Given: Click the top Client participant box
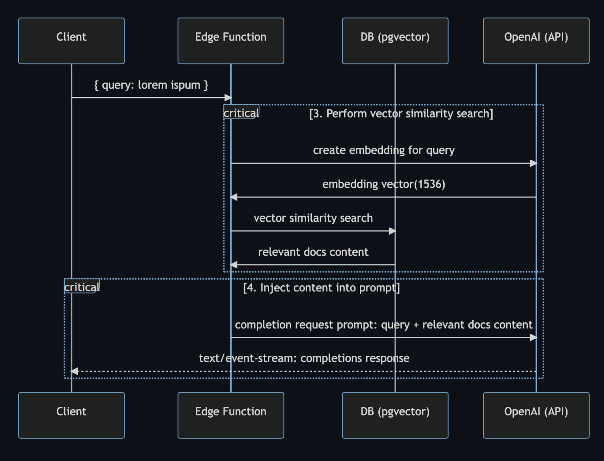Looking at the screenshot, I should pos(71,41).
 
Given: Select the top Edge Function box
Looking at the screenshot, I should pos(231,41).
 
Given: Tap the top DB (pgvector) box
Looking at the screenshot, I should pos(395,41).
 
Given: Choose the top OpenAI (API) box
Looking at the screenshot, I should pos(536,41).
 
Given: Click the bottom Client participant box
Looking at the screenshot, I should pos(71,415).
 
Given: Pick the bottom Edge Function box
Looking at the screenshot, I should pos(231,415).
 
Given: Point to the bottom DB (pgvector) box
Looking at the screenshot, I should pos(395,415).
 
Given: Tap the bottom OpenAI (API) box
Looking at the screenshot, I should pos(536,415).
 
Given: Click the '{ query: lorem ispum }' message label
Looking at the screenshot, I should pos(151,85).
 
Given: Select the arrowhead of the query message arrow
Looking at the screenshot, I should pos(228,98).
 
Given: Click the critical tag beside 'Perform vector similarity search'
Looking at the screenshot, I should pos(241,113).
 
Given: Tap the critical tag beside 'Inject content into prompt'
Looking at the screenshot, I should pos(82,287).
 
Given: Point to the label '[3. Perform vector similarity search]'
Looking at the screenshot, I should pos(401,114).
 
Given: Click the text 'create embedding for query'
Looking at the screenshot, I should pos(384,150).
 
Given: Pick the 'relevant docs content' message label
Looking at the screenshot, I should pos(313,252).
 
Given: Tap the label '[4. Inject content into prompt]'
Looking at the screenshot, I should pos(321,288).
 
